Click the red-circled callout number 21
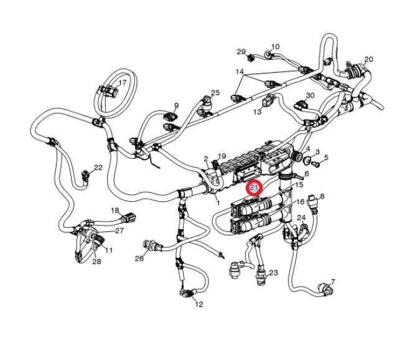coord(255,188)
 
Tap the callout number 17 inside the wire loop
coord(122,83)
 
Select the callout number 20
coord(368,60)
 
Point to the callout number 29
coord(241,52)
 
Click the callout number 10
coord(275,47)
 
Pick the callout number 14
coord(238,72)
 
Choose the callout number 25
coord(215,93)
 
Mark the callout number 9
coord(176,105)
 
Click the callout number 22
coord(98,168)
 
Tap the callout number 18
coord(115,211)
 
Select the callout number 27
coord(119,230)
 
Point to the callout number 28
coord(96,262)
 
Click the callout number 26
coord(139,257)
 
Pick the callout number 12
coord(199,305)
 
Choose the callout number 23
coord(273,273)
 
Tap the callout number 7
coord(332,282)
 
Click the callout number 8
coord(322,196)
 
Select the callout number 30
coord(310,95)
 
